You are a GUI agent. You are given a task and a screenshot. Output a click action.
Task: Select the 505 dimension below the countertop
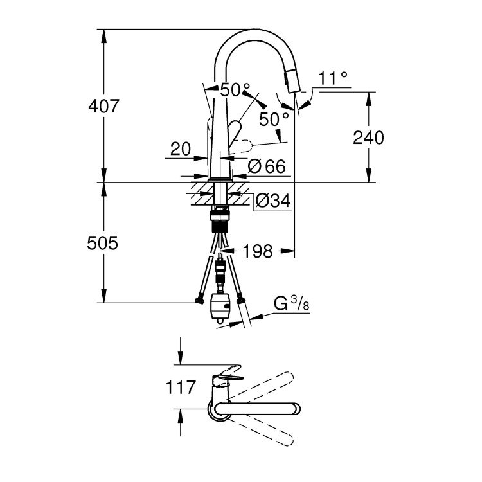click(103, 243)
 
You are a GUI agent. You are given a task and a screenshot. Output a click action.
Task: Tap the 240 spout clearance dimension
click(368, 137)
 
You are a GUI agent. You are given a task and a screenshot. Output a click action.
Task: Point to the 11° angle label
click(332, 78)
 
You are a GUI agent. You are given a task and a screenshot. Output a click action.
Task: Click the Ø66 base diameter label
click(266, 167)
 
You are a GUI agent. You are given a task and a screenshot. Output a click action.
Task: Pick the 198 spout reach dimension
click(258, 250)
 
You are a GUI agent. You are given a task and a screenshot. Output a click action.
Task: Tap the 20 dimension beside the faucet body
click(181, 149)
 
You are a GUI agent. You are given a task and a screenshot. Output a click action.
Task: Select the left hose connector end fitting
click(196, 300)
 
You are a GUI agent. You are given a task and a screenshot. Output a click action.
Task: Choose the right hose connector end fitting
click(241, 299)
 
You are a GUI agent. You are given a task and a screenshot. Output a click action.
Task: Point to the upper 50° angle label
click(234, 91)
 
